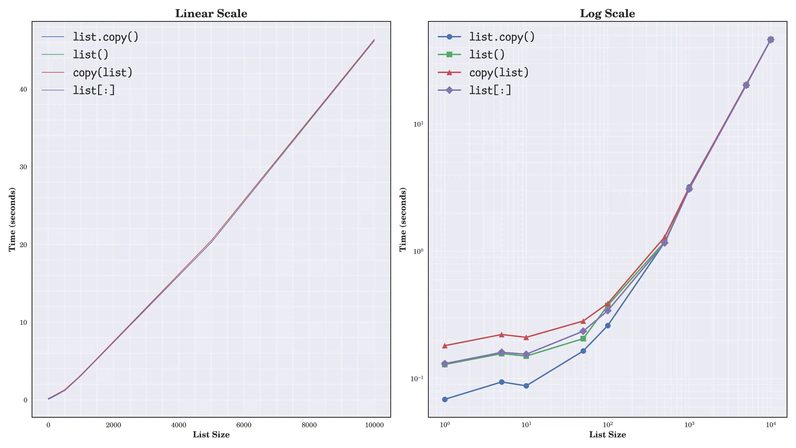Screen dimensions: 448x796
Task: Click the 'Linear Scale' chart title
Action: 211,14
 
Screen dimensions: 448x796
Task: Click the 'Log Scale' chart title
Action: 607,14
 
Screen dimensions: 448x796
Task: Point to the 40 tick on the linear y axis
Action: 23,89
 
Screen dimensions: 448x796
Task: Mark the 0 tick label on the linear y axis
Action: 25,400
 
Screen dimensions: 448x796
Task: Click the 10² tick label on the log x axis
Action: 607,424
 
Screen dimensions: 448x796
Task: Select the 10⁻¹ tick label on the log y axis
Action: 417,378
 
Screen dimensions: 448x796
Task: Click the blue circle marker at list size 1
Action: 445,399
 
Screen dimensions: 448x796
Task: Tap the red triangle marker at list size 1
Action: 445,346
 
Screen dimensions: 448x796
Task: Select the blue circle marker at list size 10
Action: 526,386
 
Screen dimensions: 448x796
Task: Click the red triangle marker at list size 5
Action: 501,335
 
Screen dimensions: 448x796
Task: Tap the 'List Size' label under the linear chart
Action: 211,435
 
